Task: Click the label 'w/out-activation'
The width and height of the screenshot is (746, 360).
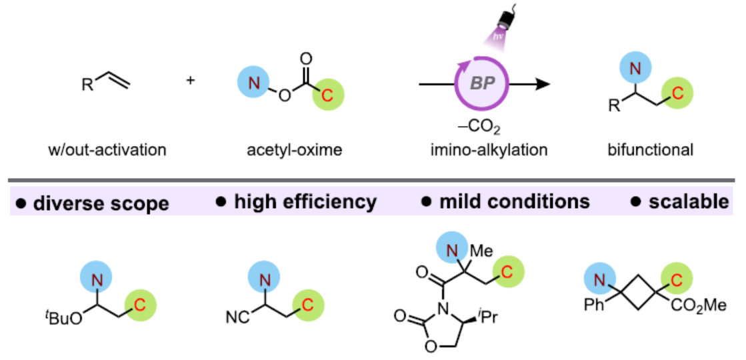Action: tap(107, 150)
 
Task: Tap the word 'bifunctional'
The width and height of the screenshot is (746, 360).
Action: tap(651, 150)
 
